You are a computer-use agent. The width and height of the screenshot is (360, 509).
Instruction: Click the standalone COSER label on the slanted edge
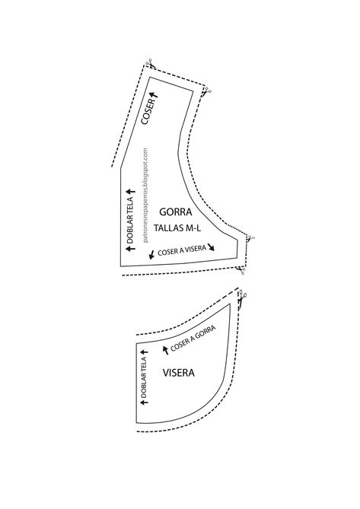(148, 112)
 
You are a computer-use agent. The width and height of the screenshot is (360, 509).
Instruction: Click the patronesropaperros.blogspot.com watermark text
(145, 196)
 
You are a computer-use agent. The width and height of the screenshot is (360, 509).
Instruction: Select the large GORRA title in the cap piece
(176, 212)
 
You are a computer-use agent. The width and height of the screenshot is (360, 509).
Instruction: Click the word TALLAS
(168, 228)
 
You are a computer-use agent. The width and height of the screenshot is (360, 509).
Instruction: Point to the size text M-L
(193, 228)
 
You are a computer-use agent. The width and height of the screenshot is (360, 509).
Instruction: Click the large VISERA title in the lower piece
(179, 373)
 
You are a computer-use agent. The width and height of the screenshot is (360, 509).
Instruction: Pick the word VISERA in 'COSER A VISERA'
(196, 250)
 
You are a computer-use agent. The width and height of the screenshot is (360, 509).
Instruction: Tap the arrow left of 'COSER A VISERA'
(151, 254)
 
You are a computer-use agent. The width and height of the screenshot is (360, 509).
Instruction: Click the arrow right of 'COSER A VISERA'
(212, 247)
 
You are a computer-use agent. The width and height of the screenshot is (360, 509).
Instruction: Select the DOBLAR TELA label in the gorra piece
(129, 221)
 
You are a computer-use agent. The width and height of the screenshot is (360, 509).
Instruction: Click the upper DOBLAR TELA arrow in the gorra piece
(130, 192)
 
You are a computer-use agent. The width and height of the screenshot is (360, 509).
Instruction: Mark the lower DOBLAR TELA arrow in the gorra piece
(130, 249)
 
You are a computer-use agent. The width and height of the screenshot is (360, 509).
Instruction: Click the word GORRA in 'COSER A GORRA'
(205, 333)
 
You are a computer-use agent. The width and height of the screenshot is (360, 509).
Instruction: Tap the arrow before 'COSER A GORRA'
(166, 350)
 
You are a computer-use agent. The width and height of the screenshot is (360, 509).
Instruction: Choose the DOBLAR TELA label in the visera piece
(144, 377)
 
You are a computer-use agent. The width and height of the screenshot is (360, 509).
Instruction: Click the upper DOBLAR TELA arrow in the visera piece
(144, 352)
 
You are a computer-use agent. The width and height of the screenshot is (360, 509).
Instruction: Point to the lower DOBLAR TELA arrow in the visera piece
(144, 402)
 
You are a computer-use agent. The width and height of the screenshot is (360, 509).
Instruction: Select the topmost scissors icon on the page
(151, 63)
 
